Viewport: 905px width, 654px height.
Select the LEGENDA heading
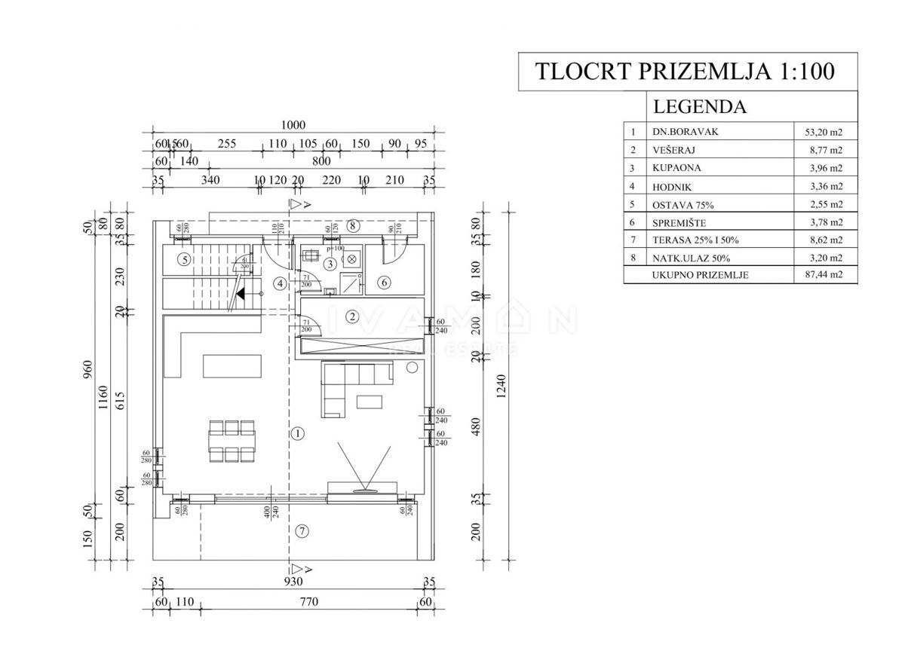[x=699, y=106]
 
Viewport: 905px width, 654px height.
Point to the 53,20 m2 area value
[x=823, y=131]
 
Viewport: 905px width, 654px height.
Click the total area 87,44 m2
[x=823, y=276]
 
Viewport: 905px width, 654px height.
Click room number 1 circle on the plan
[x=298, y=433]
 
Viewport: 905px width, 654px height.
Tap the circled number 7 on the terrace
[x=301, y=531]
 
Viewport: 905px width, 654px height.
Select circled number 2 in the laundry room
[x=351, y=316]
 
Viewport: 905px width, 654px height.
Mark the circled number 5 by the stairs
[x=183, y=260]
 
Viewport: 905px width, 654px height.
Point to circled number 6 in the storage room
[x=383, y=283]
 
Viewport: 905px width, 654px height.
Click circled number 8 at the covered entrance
[x=351, y=225]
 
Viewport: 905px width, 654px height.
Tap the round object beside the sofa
[x=412, y=367]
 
